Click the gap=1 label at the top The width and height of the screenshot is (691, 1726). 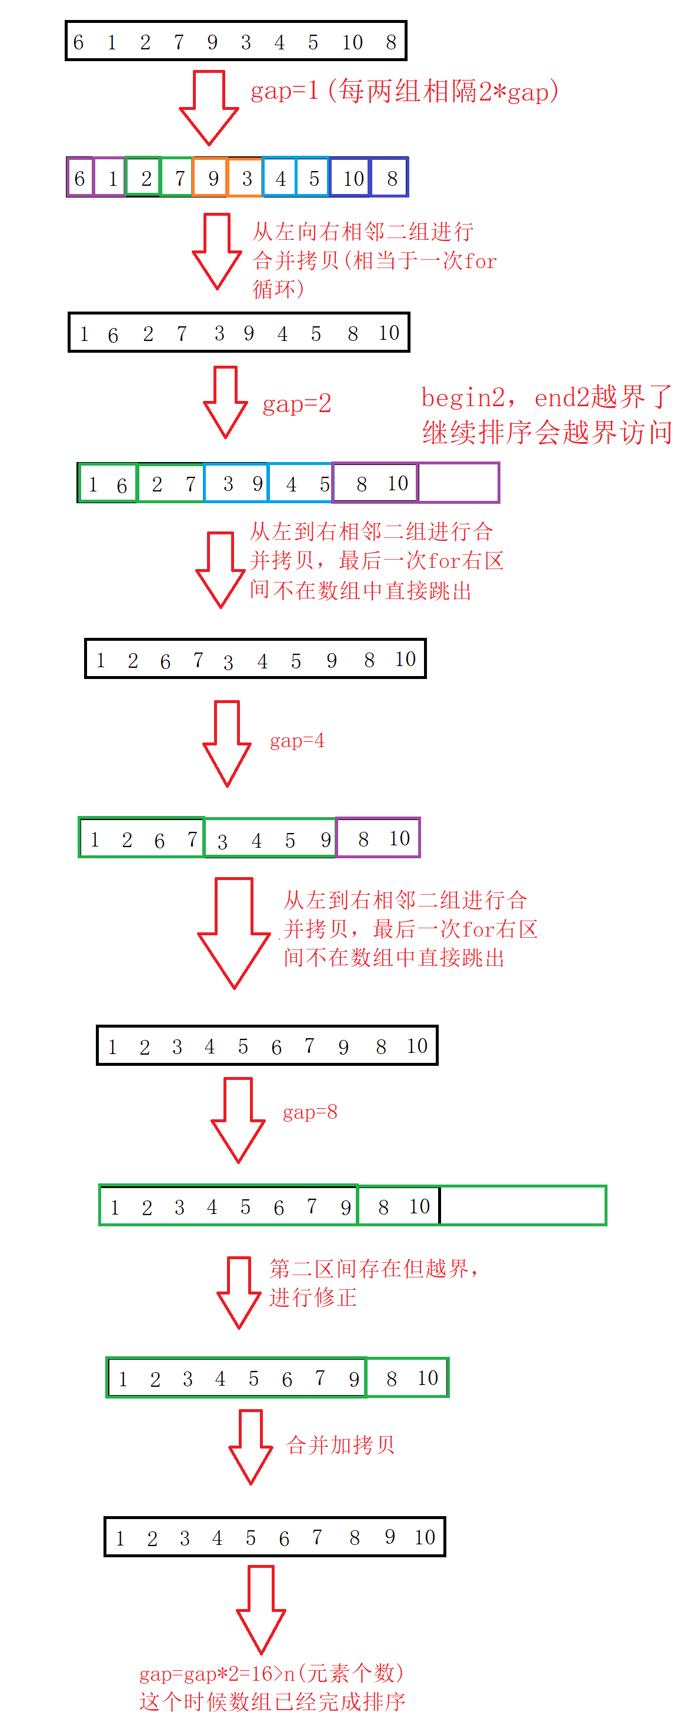284,91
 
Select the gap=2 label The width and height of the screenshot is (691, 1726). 297,404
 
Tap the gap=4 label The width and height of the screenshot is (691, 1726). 297,741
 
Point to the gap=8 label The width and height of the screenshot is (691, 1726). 310,1112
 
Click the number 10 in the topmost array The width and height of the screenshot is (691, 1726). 352,42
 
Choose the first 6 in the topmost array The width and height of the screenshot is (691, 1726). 78,42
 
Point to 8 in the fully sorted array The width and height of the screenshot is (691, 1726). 355,1538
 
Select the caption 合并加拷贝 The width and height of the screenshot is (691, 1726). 341,1444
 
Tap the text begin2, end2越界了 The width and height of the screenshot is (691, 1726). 546,397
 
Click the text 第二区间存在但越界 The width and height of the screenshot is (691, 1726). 369,1269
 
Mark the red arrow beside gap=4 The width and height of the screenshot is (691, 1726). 227,744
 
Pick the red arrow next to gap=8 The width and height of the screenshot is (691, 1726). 238,1120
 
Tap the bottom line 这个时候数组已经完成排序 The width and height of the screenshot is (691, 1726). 272,1702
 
